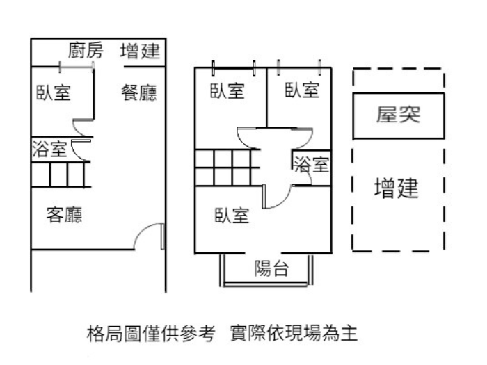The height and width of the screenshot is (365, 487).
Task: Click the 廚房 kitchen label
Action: coord(86,51)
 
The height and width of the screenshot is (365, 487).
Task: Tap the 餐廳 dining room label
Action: coord(139,92)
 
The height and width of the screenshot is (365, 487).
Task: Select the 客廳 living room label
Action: coord(64,216)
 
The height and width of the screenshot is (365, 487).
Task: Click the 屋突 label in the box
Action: coord(399,115)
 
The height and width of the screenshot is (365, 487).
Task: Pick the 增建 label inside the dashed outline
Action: coord(396,188)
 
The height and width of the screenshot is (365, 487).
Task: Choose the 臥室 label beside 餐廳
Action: coord(54,92)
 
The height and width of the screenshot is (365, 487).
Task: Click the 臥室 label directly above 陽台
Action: coord(232,216)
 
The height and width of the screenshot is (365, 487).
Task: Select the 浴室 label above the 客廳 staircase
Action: coord(49,148)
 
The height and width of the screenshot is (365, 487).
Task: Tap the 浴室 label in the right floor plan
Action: coord(311,165)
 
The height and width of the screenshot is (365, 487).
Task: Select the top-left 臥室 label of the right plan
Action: coord(228,90)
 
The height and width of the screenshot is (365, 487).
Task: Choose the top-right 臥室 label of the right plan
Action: coord(301,90)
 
